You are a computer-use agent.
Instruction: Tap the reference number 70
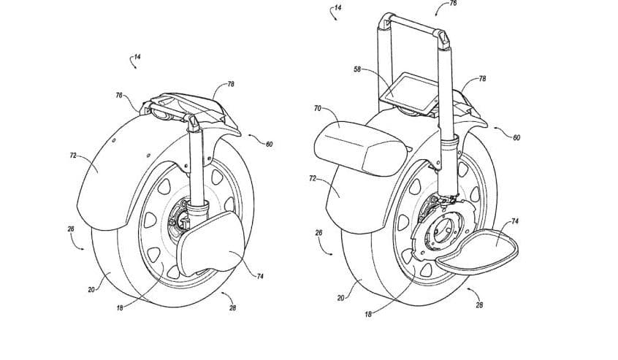(317, 107)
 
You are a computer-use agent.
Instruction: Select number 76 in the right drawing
(452, 3)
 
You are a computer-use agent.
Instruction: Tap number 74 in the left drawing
(260, 276)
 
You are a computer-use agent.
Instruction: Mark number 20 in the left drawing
(91, 289)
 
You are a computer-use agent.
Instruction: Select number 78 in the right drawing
(482, 78)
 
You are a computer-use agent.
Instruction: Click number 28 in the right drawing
(479, 305)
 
